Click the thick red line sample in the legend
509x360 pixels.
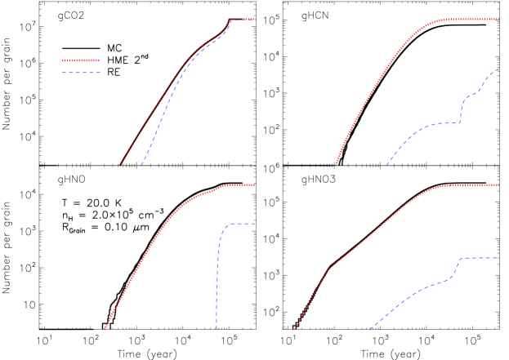(x=81, y=60)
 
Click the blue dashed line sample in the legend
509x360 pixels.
(x=81, y=73)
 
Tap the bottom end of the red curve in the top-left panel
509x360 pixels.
(x=119, y=165)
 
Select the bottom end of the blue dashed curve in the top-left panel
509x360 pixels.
(x=141, y=165)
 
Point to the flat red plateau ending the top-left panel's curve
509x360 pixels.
(x=242, y=19)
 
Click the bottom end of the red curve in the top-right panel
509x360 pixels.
(x=336, y=165)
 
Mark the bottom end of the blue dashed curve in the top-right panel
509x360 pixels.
(x=387, y=165)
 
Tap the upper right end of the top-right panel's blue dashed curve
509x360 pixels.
(x=498, y=69)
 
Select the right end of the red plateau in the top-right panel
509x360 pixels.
(x=498, y=19)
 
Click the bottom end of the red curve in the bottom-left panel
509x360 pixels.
(x=105, y=330)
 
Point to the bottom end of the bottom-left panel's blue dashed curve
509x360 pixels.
(x=217, y=330)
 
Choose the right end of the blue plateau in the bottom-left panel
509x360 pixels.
(x=255, y=224)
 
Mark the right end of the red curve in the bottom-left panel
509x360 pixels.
(x=255, y=184)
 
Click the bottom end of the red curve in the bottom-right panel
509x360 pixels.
(x=294, y=330)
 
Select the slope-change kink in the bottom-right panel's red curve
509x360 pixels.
(x=330, y=266)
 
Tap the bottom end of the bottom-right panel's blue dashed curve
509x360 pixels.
(x=370, y=329)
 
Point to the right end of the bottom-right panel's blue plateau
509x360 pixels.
(x=498, y=258)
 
